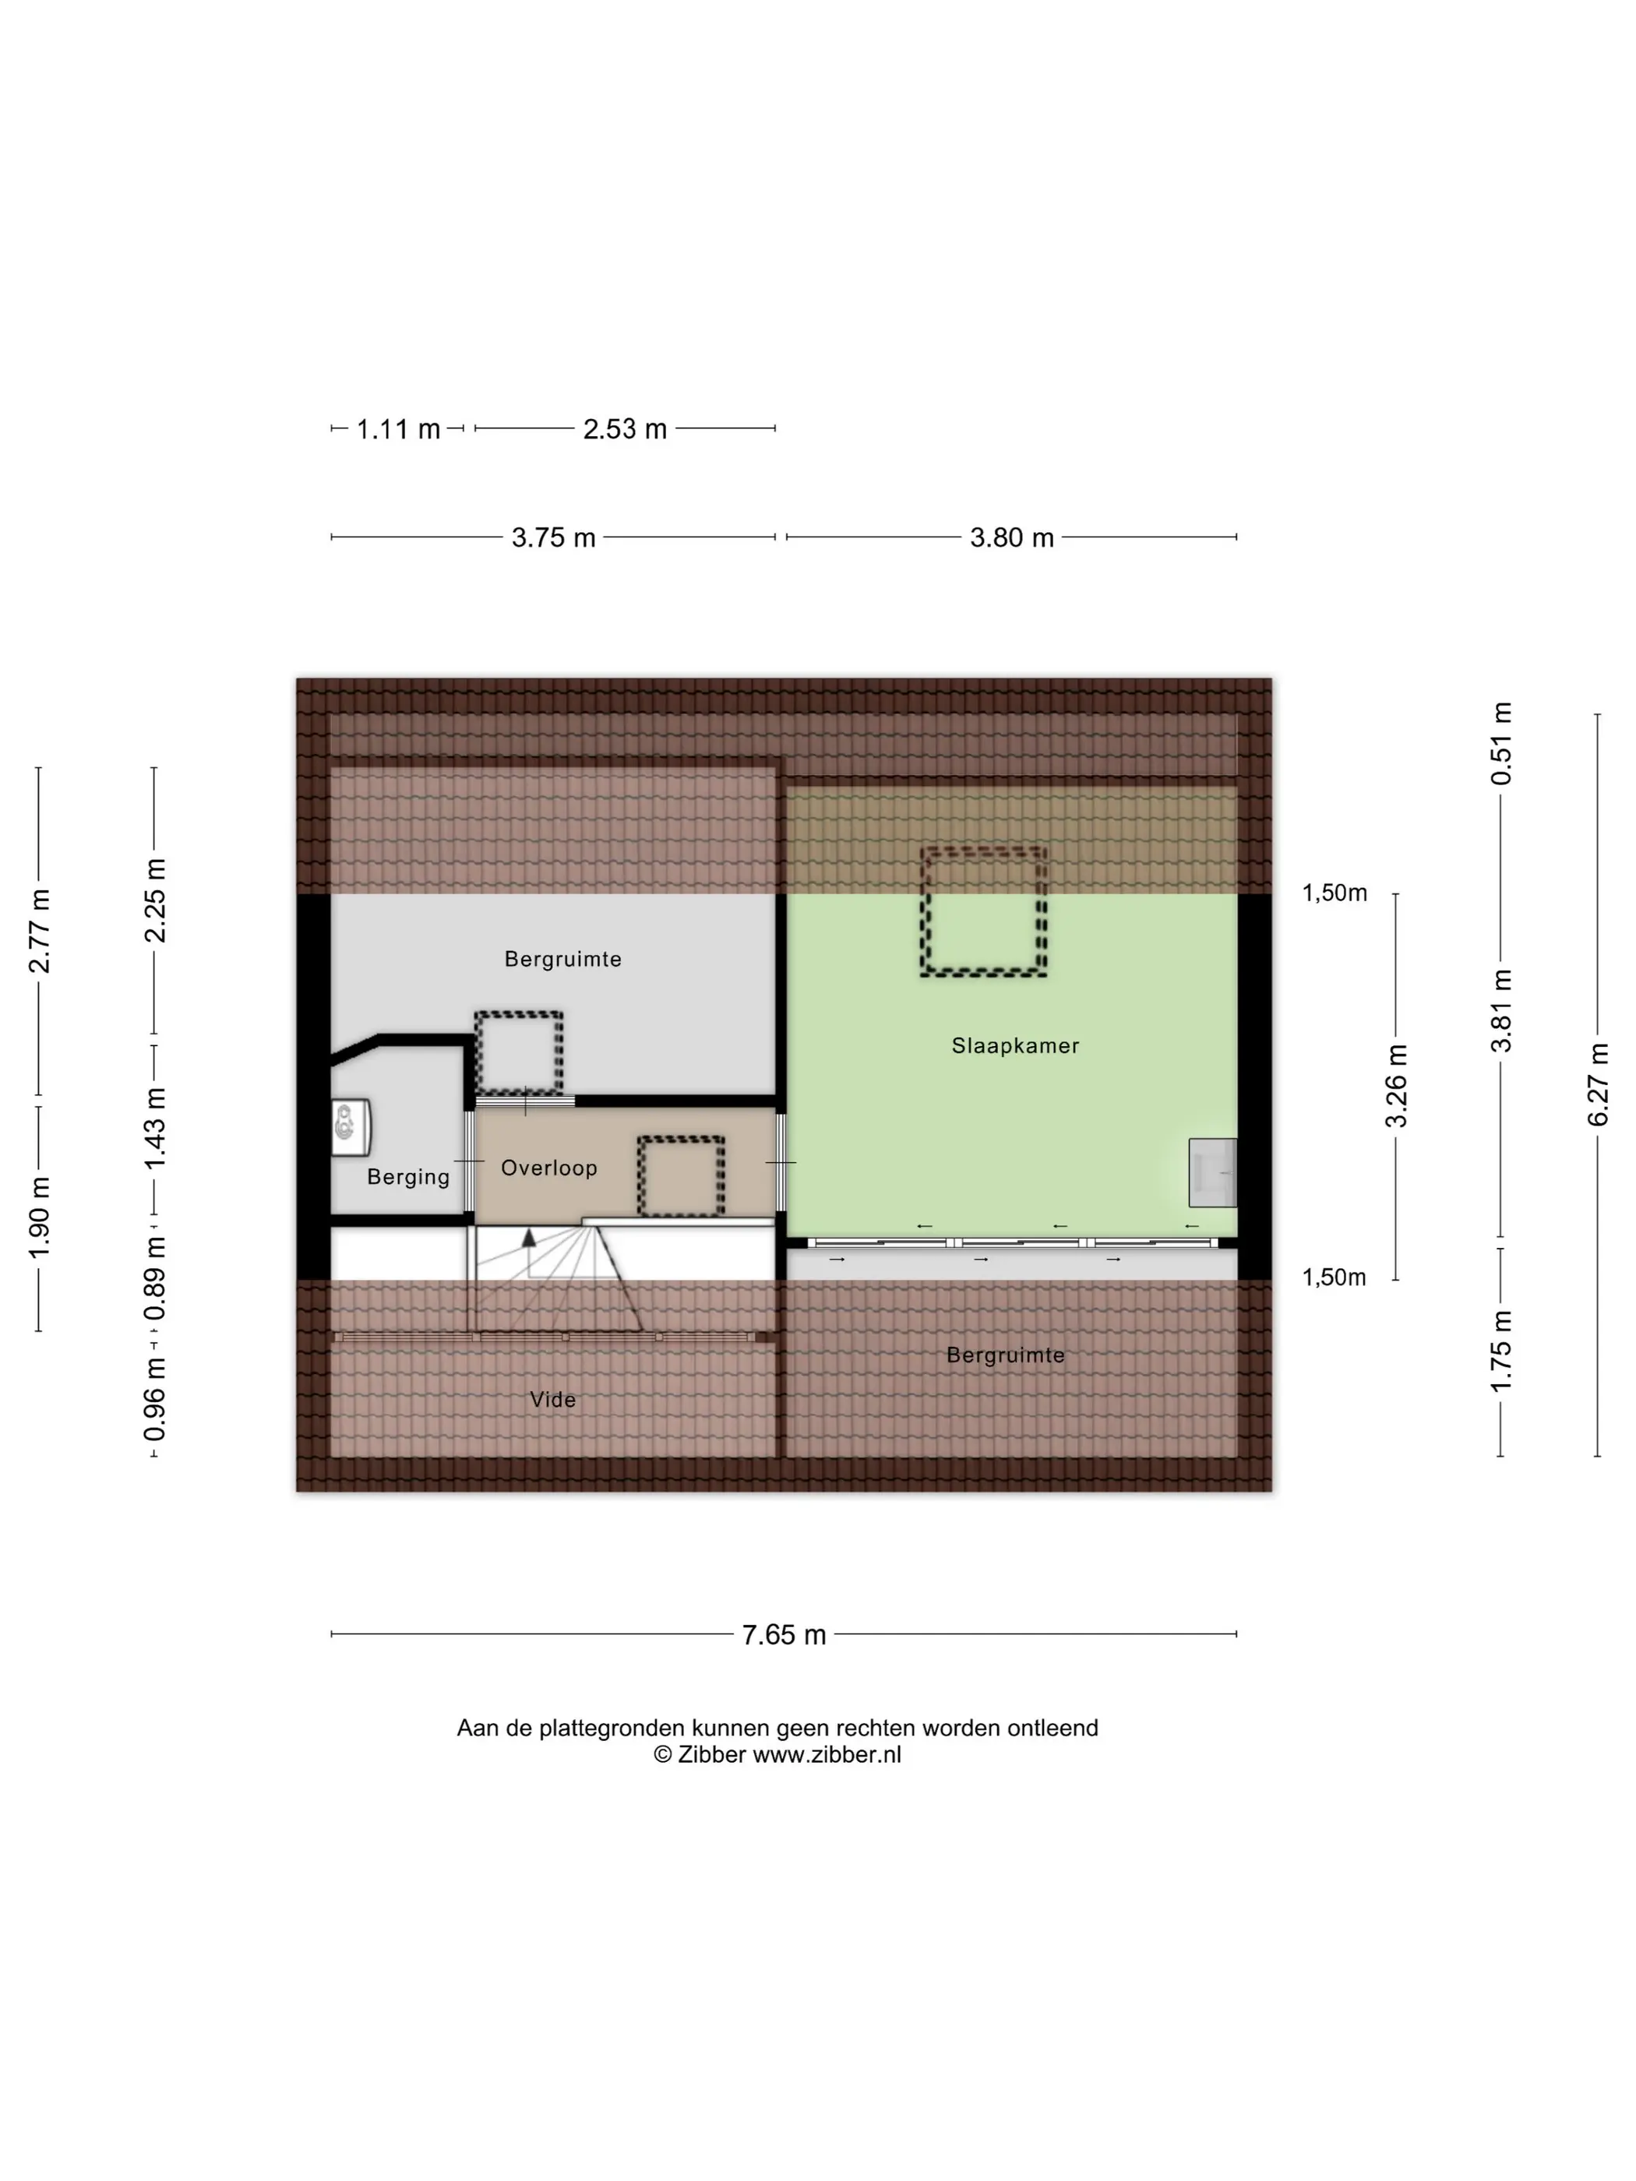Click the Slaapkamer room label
tap(1015, 1045)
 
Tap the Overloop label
tap(548, 1168)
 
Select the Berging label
tap(408, 1176)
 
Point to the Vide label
tap(552, 1399)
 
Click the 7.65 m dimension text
tap(784, 1635)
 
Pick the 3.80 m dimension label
tap(1012, 537)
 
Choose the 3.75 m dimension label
tap(553, 537)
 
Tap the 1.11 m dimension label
tap(398, 429)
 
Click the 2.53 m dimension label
tap(626, 429)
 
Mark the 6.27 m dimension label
tap(1598, 1084)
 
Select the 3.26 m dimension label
tap(1396, 1086)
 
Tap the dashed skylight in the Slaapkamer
tap(983, 911)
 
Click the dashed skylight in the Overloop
tap(680, 1176)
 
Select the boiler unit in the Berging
tap(350, 1127)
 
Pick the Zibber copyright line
tap(777, 1754)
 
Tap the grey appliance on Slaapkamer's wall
tap(1212, 1172)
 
